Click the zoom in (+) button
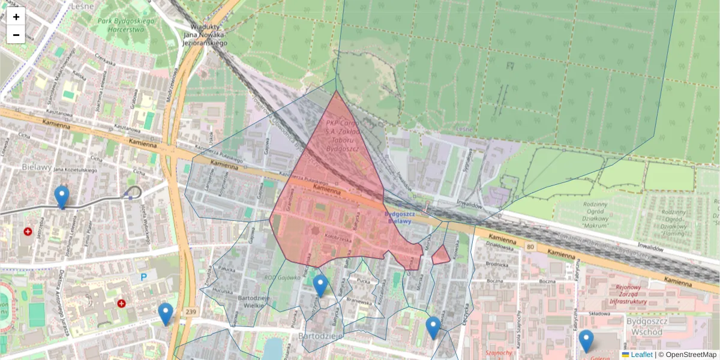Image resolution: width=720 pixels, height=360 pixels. [16, 17]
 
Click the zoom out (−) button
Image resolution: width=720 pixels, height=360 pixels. [16, 35]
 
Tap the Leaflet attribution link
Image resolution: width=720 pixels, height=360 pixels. [641, 355]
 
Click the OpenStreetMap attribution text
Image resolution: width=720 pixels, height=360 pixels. [691, 355]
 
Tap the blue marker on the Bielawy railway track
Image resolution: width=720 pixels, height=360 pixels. [61, 196]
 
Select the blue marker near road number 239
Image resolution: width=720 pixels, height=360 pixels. [166, 313]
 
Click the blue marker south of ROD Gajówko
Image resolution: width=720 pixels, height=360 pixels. [320, 285]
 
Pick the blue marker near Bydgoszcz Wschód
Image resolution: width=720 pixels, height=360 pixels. [586, 340]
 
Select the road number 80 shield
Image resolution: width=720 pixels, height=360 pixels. [529, 246]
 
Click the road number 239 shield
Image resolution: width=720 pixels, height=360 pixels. [191, 311]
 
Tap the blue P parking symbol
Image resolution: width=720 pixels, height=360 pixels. [143, 277]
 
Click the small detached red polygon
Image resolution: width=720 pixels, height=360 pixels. [441, 255]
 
